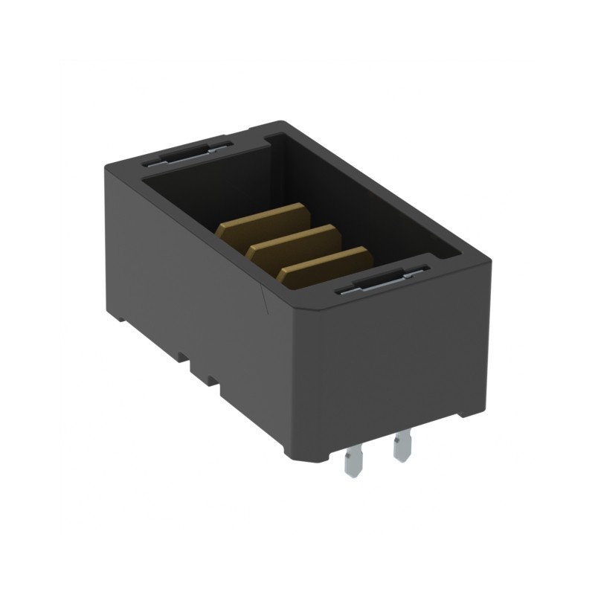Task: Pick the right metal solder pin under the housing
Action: (402, 446)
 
